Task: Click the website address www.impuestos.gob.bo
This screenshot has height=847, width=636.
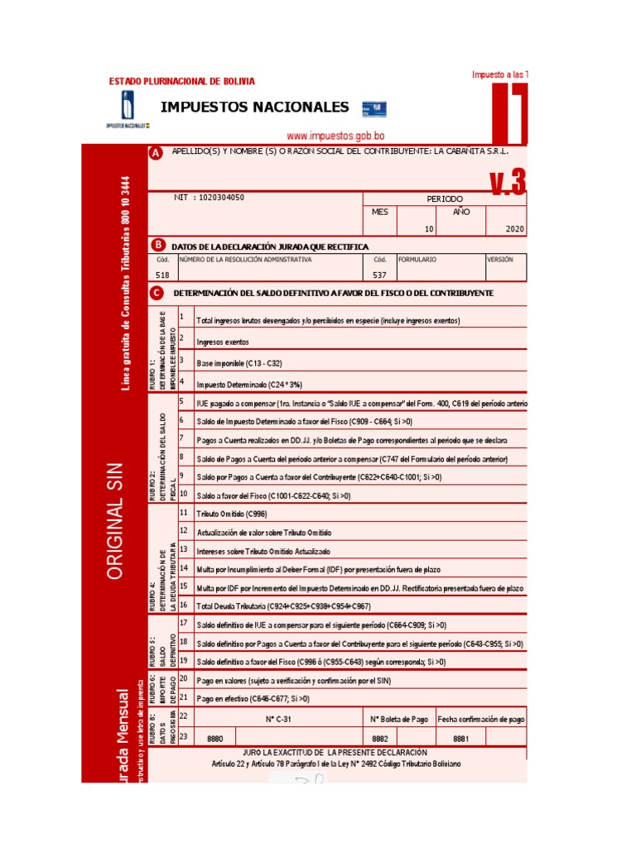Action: pyautogui.click(x=335, y=136)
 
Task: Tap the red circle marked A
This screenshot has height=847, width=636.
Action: pyautogui.click(x=155, y=153)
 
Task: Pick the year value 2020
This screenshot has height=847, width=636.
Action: pyautogui.click(x=513, y=228)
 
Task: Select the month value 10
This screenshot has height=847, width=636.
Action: pyautogui.click(x=429, y=228)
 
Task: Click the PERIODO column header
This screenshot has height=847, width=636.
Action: pyautogui.click(x=445, y=199)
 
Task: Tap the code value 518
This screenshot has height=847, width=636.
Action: pyautogui.click(x=162, y=275)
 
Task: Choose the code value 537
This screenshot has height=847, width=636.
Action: pyautogui.click(x=380, y=275)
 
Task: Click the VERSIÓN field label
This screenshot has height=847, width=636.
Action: pyautogui.click(x=501, y=259)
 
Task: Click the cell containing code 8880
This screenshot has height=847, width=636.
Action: pyautogui.click(x=215, y=738)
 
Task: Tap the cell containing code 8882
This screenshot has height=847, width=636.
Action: pyautogui.click(x=380, y=738)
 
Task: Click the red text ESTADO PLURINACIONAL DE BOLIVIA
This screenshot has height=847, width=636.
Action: pyautogui.click(x=182, y=81)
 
